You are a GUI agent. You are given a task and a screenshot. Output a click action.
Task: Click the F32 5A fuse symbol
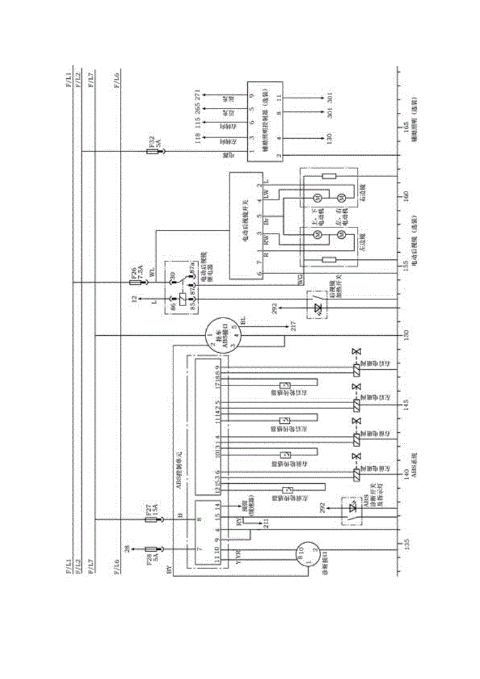coord(153,152)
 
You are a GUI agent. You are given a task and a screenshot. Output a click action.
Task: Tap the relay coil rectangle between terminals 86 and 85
coord(182,297)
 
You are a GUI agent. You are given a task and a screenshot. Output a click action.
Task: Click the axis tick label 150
coord(407,334)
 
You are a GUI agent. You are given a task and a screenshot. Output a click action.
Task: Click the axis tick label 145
coord(407,403)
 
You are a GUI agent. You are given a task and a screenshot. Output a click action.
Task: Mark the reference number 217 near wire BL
coord(293,329)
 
